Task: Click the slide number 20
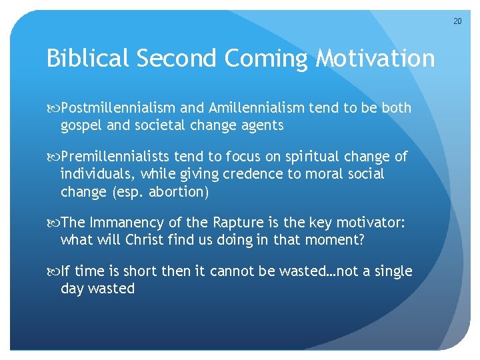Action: [457, 21]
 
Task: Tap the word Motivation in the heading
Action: [375, 59]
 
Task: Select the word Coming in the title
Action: [267, 59]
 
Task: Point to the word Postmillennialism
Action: [119, 108]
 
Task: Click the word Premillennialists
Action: [116, 157]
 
